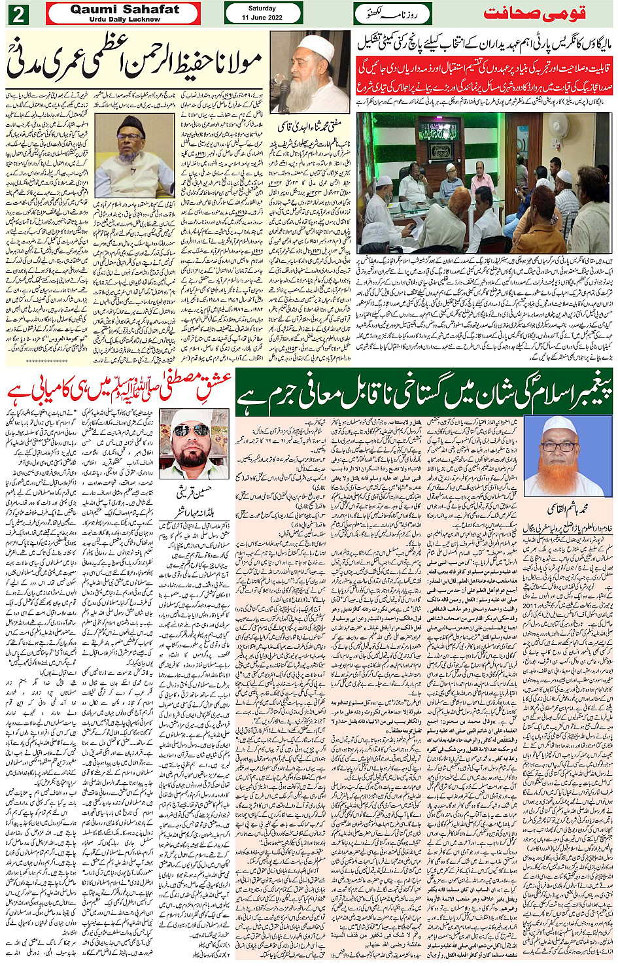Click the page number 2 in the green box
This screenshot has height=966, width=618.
click(18, 14)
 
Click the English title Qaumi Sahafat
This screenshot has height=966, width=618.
click(125, 9)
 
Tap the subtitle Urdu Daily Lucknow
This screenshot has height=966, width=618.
click(125, 20)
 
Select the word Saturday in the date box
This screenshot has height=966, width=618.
click(262, 9)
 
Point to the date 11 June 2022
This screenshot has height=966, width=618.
click(262, 18)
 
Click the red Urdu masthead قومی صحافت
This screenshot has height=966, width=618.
click(534, 14)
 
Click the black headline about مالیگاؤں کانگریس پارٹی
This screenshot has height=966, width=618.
click(485, 43)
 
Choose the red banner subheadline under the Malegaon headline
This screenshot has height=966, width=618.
click(485, 75)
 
